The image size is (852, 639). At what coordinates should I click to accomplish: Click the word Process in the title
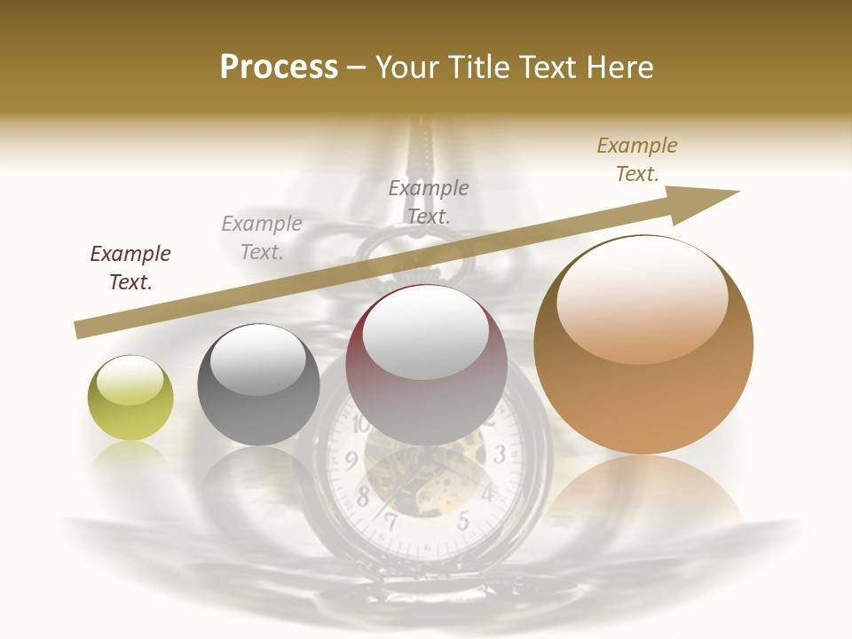pos(279,67)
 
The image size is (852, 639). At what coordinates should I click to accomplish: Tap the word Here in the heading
pos(618,67)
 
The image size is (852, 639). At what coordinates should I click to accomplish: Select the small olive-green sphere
pos(130,398)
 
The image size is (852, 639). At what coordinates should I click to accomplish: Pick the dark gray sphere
pos(258,384)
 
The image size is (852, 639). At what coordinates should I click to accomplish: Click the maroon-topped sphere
pos(426,365)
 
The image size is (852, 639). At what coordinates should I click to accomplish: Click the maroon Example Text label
pos(130,268)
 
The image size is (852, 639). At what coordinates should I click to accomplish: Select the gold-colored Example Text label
pos(637,160)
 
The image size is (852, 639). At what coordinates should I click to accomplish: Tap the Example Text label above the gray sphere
pos(262,238)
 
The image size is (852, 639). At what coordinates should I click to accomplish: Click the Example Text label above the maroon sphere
pos(429,201)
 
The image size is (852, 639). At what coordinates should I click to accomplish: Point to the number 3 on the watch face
pos(500,455)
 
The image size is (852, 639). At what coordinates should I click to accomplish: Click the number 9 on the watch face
pos(351,460)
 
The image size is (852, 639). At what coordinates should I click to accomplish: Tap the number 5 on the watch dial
pos(462,522)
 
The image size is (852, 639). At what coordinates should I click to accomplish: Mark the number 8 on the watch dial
pos(363,498)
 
